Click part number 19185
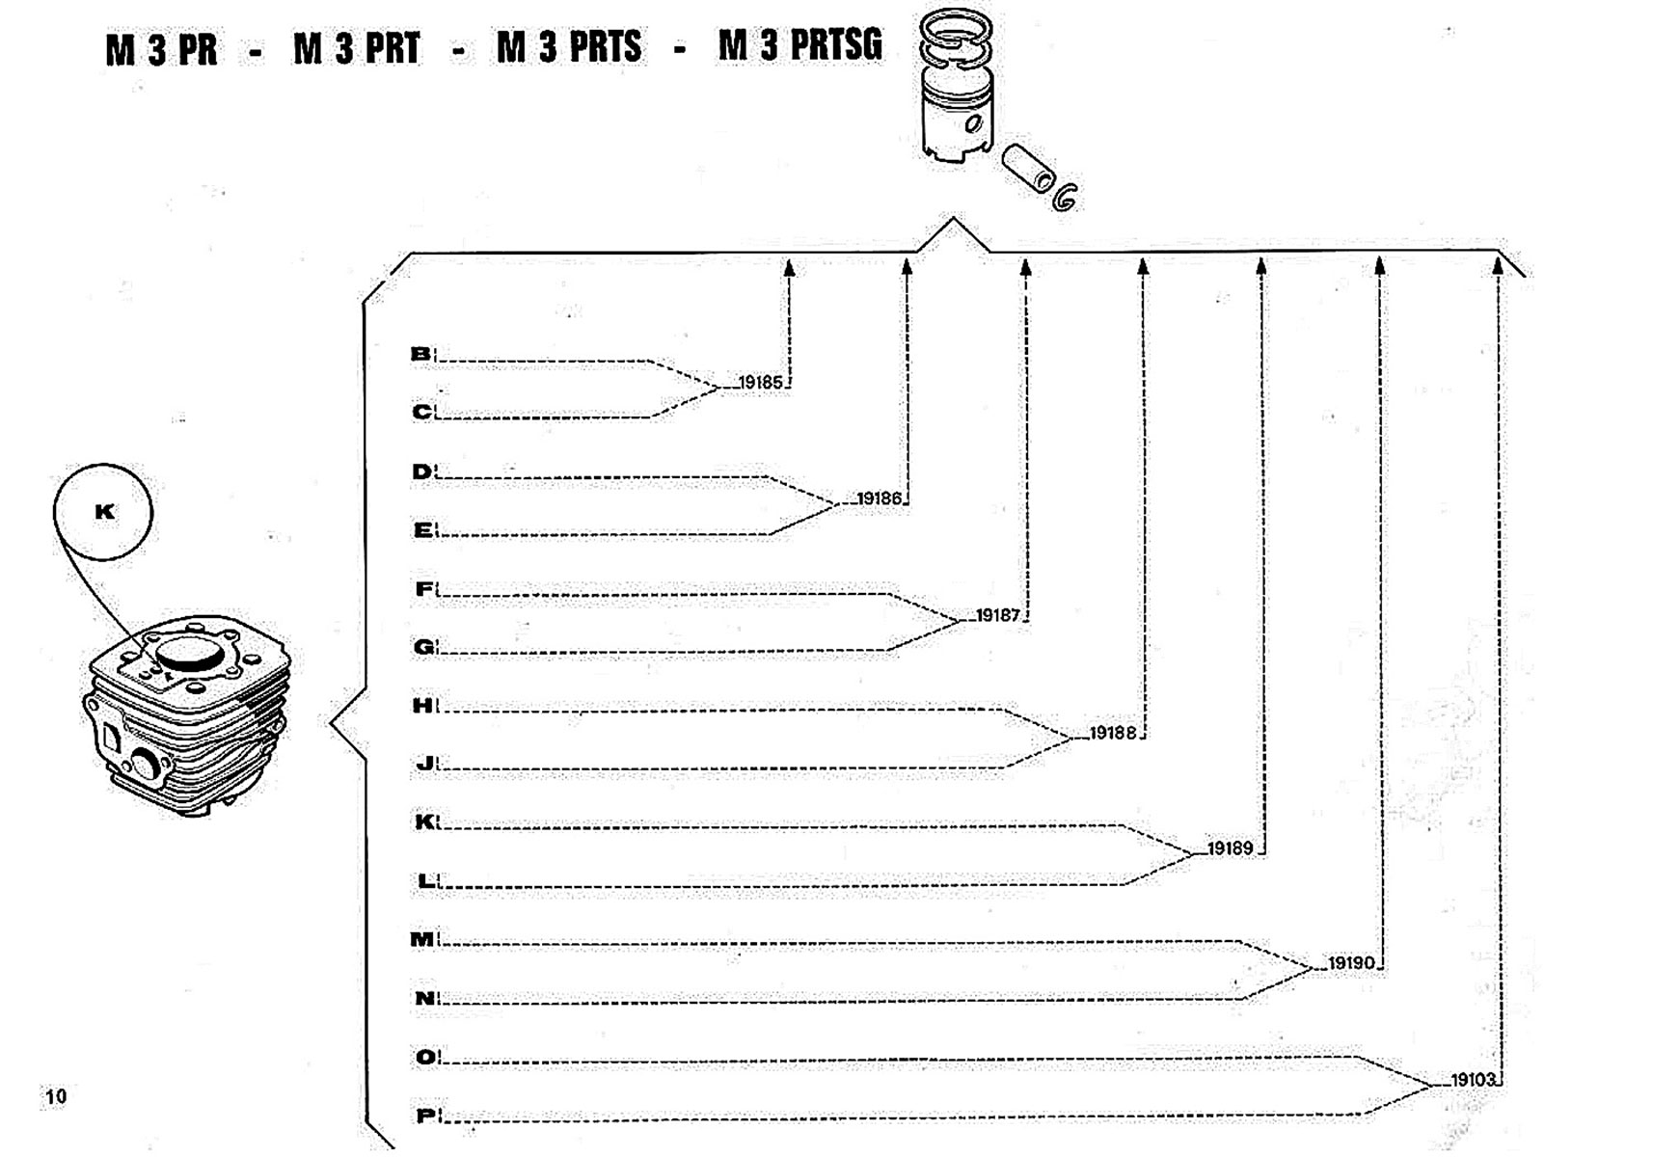[761, 383]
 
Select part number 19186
[879, 498]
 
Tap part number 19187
[997, 615]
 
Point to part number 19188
[1113, 733]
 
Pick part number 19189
[1230, 848]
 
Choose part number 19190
[1350, 963]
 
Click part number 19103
[1472, 1080]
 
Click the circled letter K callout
[103, 512]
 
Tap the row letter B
[420, 354]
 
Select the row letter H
[422, 706]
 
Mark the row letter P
[425, 1116]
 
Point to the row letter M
[422, 939]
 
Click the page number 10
[56, 1096]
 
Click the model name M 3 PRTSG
[799, 45]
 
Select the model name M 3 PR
[161, 50]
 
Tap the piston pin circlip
[1065, 196]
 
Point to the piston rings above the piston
[954, 40]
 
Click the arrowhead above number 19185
[789, 268]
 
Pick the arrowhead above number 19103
[1498, 265]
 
